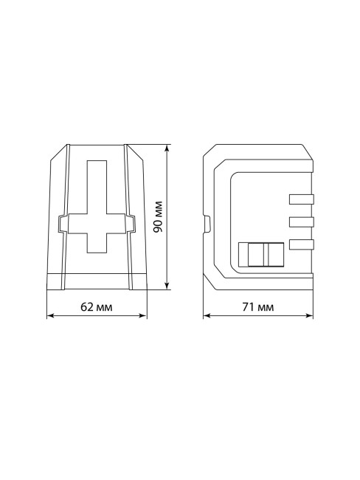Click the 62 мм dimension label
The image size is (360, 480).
click(96, 306)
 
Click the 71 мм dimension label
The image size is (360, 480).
click(257, 306)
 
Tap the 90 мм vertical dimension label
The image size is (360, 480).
click(158, 216)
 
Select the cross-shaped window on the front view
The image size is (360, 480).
click(97, 207)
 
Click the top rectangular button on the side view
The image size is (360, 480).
click(302, 199)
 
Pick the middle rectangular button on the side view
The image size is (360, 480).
click(302, 222)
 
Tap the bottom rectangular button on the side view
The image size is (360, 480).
click(302, 244)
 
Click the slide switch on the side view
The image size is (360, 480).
click(261, 255)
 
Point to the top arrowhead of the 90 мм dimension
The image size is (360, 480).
click(167, 148)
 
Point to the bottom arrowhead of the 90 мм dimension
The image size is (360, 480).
click(167, 285)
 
